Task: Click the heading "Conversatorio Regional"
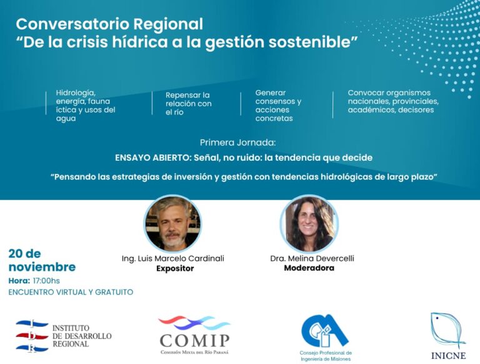pyautogui.click(x=109, y=24)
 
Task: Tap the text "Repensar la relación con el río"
pyautogui.click(x=188, y=103)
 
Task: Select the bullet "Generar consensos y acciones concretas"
pyautogui.click(x=278, y=105)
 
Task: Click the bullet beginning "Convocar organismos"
pyautogui.click(x=393, y=101)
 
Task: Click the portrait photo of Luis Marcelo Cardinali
pyautogui.click(x=172, y=223)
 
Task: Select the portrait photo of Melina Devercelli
pyautogui.click(x=309, y=224)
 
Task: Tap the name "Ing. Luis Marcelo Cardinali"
pyautogui.click(x=172, y=258)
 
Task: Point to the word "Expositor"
pyautogui.click(x=175, y=269)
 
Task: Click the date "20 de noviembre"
pyautogui.click(x=42, y=260)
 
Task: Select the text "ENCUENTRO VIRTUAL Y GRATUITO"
pyautogui.click(x=71, y=292)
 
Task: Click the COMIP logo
pyautogui.click(x=194, y=335)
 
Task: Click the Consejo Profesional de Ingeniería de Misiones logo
pyautogui.click(x=325, y=336)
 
